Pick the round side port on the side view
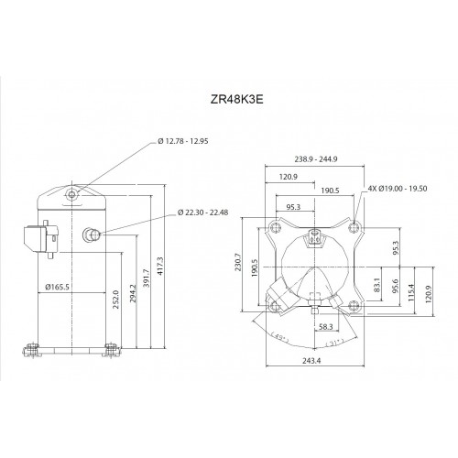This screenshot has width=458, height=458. [91, 234]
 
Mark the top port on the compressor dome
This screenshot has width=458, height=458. [72, 194]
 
